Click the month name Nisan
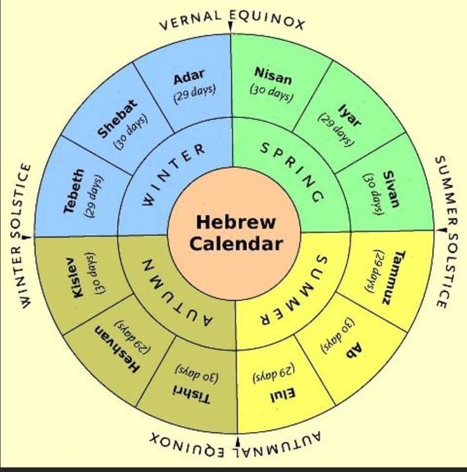273,79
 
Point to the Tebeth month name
73,190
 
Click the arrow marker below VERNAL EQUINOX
231,26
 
